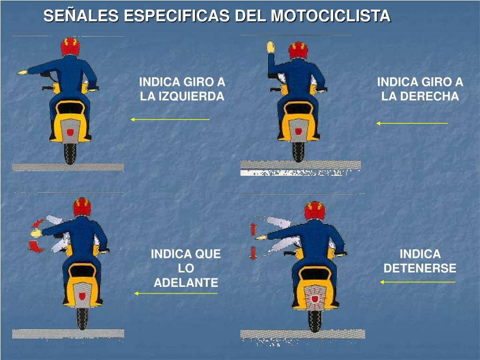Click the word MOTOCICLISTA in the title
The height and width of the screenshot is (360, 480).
click(x=330, y=16)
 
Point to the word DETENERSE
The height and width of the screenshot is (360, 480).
click(x=420, y=268)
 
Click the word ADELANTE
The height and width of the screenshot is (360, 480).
click(x=186, y=283)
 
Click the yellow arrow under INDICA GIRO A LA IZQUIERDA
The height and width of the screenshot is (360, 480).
click(x=170, y=120)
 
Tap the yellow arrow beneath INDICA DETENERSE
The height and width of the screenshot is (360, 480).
click(x=417, y=282)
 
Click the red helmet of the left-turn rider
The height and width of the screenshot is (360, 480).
click(x=70, y=46)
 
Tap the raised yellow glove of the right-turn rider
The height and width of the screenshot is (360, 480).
click(x=270, y=46)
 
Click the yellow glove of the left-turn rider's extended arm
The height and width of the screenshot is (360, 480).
click(x=22, y=72)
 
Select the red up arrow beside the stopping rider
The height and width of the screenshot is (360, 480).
click(x=253, y=229)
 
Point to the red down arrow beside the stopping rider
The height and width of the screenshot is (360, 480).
click(x=253, y=253)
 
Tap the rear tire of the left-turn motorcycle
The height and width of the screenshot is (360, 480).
click(x=70, y=153)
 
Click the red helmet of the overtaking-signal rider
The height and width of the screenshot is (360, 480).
click(x=82, y=206)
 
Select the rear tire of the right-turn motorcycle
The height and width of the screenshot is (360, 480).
click(x=298, y=151)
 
